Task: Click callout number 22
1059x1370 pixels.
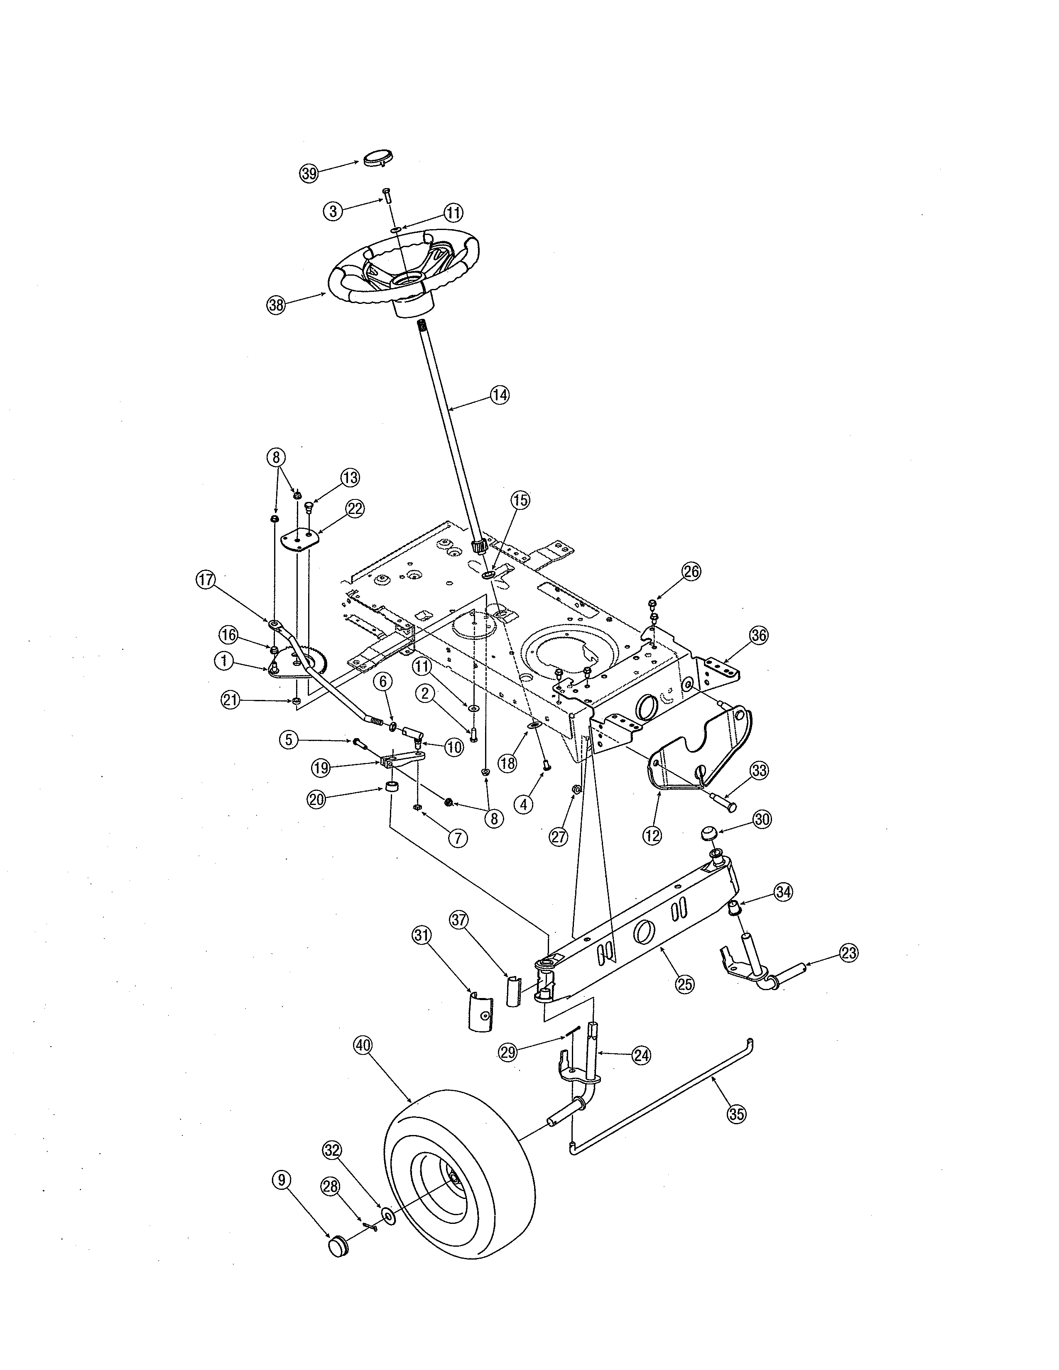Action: pyautogui.click(x=355, y=509)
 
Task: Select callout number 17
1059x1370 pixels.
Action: pyautogui.click(x=206, y=580)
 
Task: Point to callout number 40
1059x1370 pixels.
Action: pyautogui.click(x=363, y=1045)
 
